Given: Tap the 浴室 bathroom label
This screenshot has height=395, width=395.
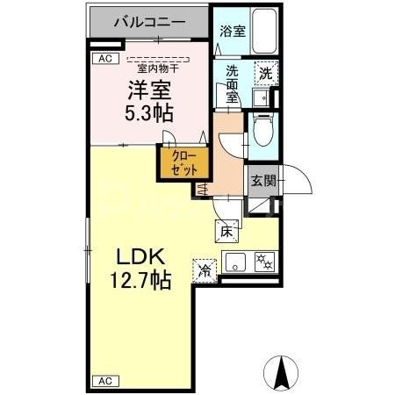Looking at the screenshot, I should pyautogui.click(x=232, y=31).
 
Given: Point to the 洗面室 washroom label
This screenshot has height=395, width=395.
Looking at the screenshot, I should pyautogui.click(x=232, y=84).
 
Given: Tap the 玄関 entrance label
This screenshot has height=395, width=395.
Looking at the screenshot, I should pyautogui.click(x=262, y=182).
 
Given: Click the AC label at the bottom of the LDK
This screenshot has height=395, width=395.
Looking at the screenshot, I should pyautogui.click(x=104, y=381).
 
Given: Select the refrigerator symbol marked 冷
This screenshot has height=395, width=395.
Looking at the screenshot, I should pyautogui.click(x=205, y=271).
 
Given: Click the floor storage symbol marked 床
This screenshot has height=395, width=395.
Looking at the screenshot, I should pyautogui.click(x=225, y=231).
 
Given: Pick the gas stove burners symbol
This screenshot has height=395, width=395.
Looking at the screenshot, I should pyautogui.click(x=263, y=261).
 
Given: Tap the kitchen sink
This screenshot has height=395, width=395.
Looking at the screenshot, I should pyautogui.click(x=234, y=261).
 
